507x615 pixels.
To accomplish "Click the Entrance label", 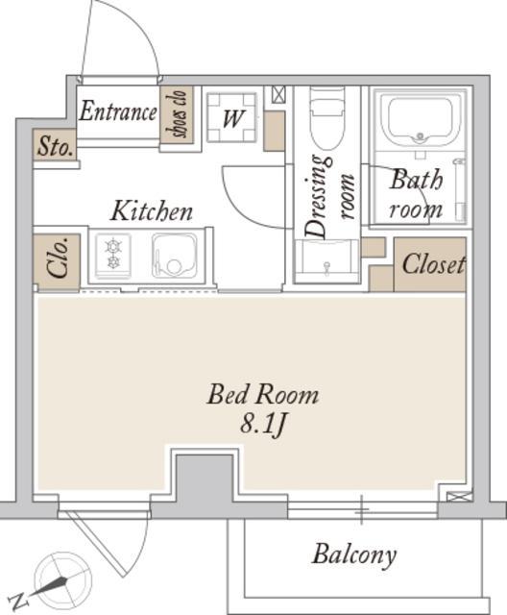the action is pos(118,111).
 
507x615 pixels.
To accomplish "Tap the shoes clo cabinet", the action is pos(177,114).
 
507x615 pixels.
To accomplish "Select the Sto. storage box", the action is pos(55,145).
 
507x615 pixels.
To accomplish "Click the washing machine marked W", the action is pos(231,117).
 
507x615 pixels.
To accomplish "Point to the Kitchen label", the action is pos(152,210).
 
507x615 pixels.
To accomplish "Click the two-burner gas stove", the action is pos(113,256).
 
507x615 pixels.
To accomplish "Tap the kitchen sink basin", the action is pos(175,256).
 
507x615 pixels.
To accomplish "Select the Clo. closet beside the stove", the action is pos(57,262).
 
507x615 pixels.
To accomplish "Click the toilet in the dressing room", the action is pos(328,117).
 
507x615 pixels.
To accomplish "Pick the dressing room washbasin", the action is pos(326,258).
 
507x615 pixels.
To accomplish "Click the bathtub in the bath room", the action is pos(420,119).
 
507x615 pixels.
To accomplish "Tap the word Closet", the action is pos(434,264).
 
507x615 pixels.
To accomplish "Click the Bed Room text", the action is pos(262,394).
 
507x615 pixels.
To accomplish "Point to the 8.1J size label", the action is pos(263,425).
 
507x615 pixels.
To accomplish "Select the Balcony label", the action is pos(354,555).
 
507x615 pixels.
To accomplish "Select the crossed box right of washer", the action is pos(279,94).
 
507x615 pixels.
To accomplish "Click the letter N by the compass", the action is pos(19,600).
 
